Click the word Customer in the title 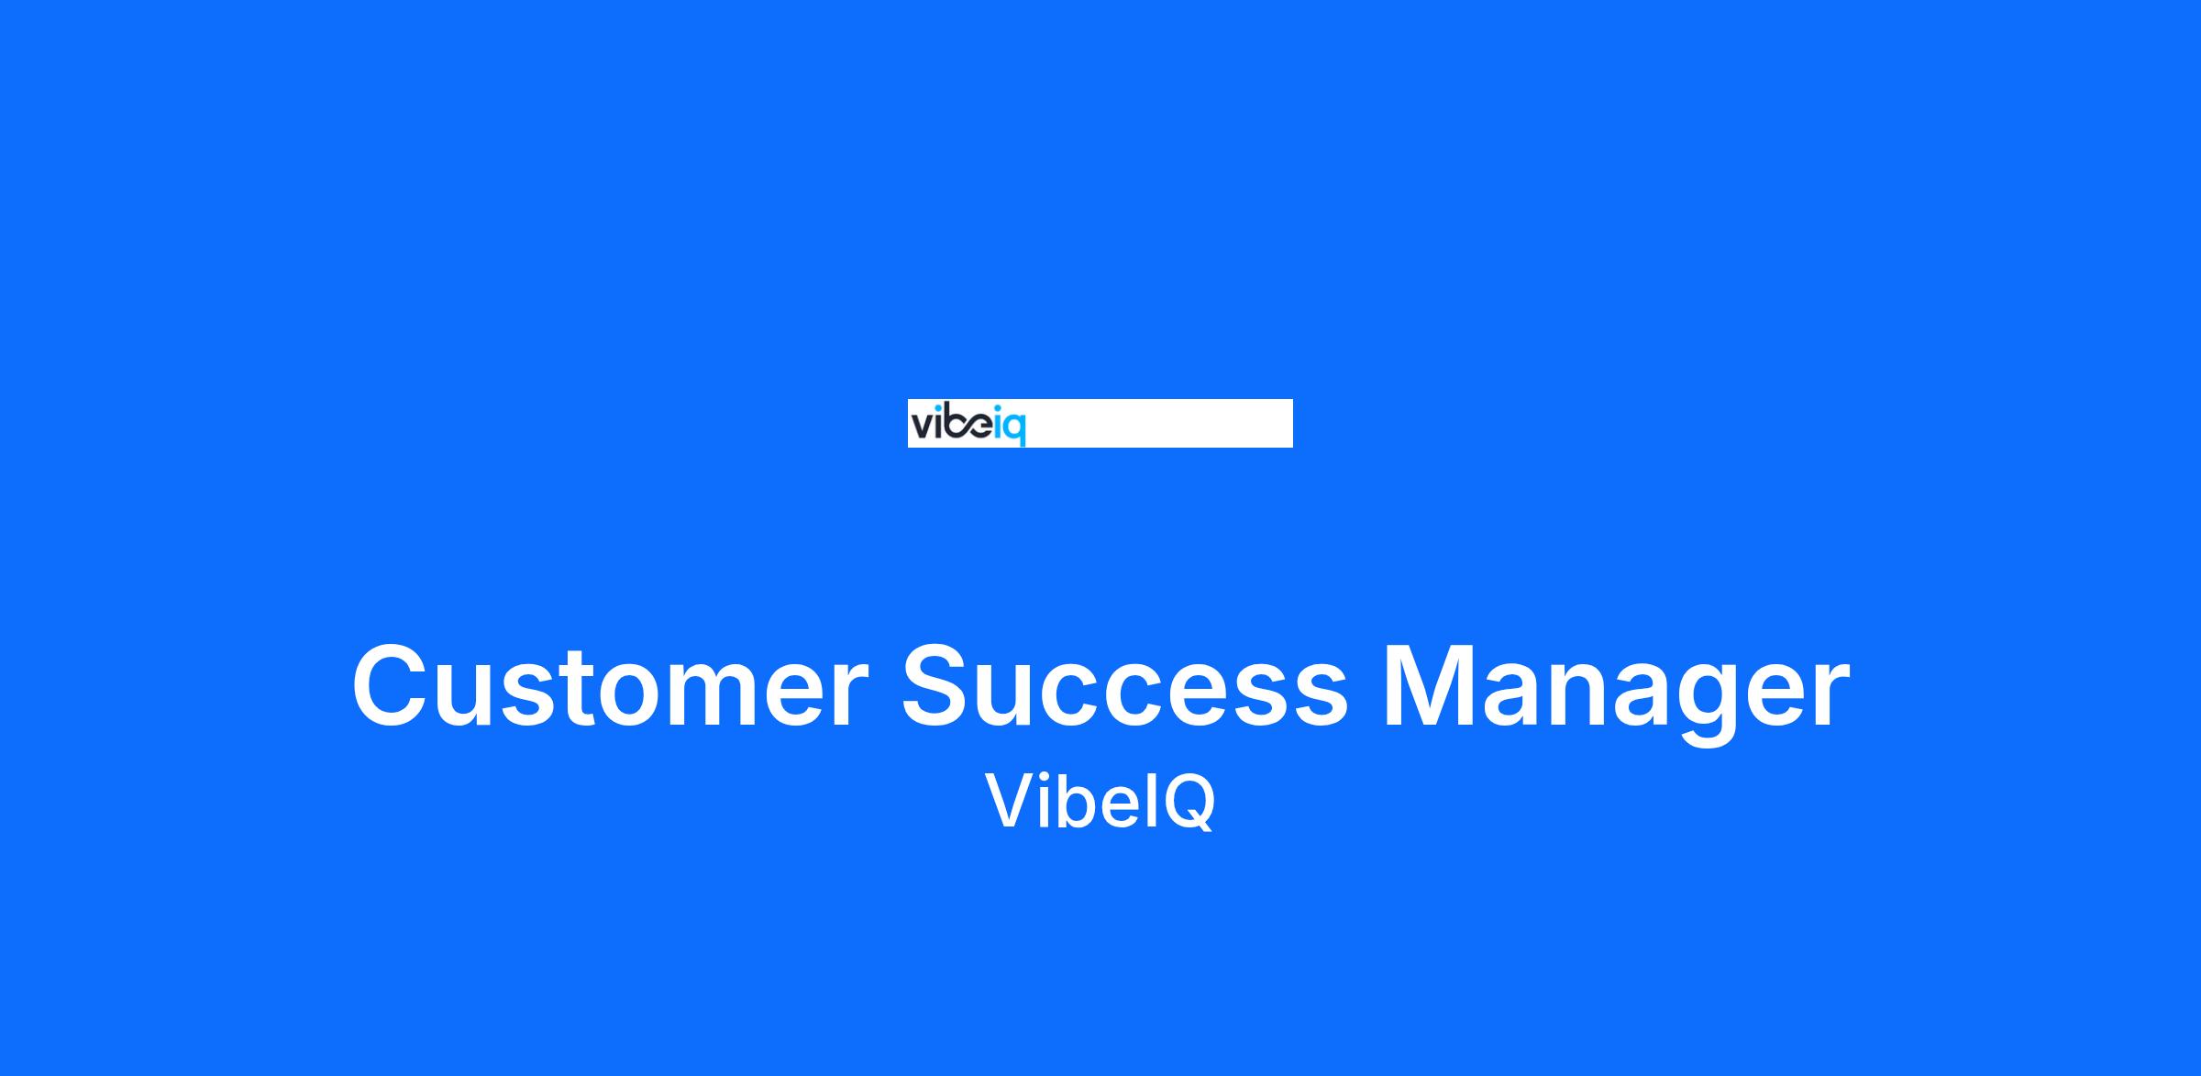[x=609, y=686]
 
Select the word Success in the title [x=1125, y=686]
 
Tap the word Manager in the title [x=1616, y=693]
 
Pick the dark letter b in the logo [x=954, y=425]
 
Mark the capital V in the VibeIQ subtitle [x=1012, y=801]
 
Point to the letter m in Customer [x=737, y=696]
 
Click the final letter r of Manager [x=1831, y=696]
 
